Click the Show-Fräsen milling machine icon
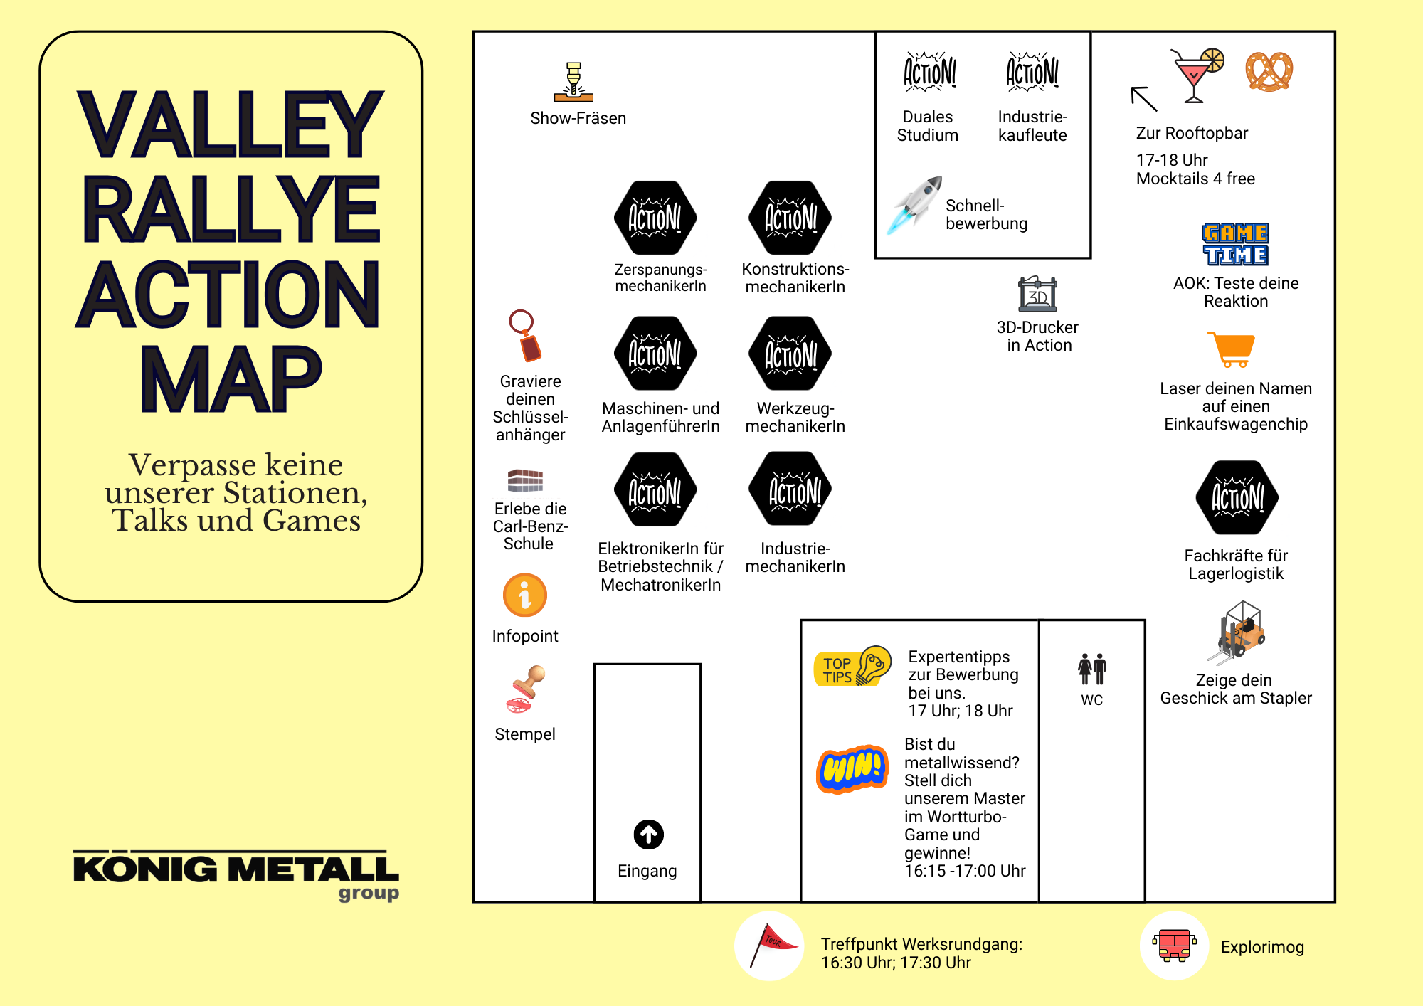(x=573, y=82)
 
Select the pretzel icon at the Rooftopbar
(x=1269, y=71)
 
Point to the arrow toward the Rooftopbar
(x=1144, y=99)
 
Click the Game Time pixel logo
(x=1235, y=244)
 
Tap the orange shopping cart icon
(x=1231, y=349)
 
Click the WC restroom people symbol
(x=1091, y=669)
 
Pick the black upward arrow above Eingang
(x=648, y=835)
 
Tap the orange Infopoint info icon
(x=525, y=595)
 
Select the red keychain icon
(x=527, y=336)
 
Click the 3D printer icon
(x=1037, y=294)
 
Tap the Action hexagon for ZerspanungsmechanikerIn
(x=655, y=218)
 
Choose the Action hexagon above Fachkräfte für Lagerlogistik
(x=1237, y=497)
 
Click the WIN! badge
(x=852, y=768)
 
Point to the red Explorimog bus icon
(x=1175, y=946)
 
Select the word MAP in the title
(x=231, y=378)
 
